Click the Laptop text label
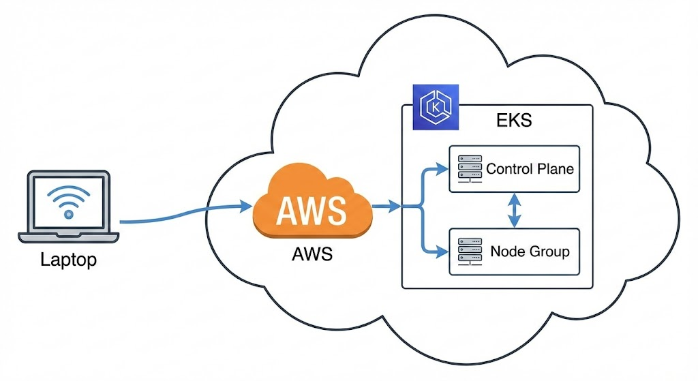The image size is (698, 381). pos(68,260)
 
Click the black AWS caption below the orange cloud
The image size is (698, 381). pos(312,254)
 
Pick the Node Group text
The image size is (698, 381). pos(530,251)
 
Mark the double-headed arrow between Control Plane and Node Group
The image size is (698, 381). pos(515,210)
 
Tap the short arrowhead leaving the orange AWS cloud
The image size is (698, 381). pos(395,205)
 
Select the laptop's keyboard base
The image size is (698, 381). pos(68,237)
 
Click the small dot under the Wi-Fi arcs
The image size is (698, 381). pos(68,214)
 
